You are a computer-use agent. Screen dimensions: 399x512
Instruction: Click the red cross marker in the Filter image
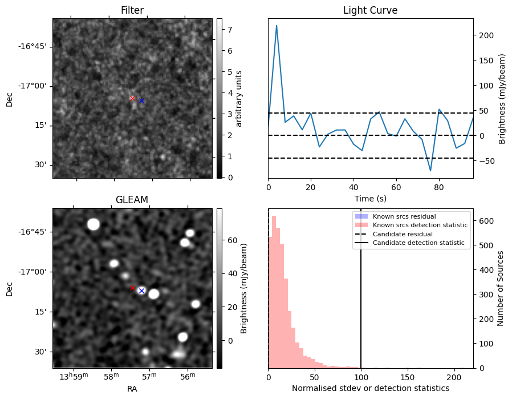(132, 98)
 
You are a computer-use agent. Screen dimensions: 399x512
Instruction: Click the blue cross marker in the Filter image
(141, 100)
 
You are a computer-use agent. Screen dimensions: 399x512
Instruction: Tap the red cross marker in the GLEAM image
(132, 288)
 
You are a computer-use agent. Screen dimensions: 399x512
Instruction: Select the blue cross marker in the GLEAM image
(141, 291)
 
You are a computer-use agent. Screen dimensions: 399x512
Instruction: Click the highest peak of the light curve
(277, 26)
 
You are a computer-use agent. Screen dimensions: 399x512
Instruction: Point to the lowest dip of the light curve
(430, 171)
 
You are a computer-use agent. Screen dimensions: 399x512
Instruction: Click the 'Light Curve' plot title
(370, 11)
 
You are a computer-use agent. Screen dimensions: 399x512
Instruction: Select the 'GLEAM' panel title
(132, 200)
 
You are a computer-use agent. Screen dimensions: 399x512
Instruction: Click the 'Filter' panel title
(132, 11)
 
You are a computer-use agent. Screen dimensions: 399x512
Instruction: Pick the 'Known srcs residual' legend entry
(404, 217)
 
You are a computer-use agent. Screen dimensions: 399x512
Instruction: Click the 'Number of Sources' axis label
(501, 290)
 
